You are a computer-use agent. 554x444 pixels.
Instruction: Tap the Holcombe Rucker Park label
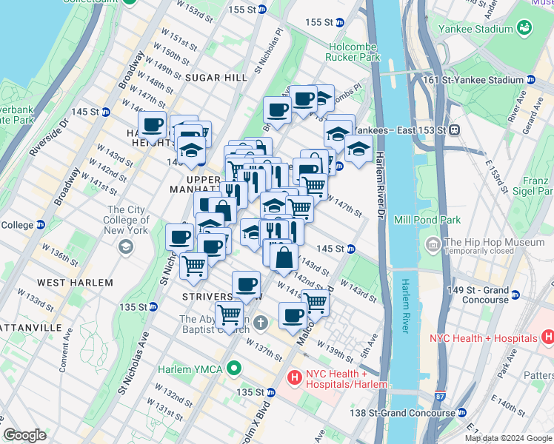click(354, 51)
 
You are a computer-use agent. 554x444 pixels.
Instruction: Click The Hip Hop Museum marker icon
click(433, 243)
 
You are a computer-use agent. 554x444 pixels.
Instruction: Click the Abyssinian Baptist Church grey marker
click(260, 323)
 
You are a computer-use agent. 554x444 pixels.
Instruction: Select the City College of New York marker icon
click(126, 246)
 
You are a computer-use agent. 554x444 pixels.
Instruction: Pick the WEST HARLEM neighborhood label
click(75, 283)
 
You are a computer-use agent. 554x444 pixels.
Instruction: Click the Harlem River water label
click(405, 306)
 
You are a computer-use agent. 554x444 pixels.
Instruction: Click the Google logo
click(24, 435)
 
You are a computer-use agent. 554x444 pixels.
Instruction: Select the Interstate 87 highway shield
click(440, 397)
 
